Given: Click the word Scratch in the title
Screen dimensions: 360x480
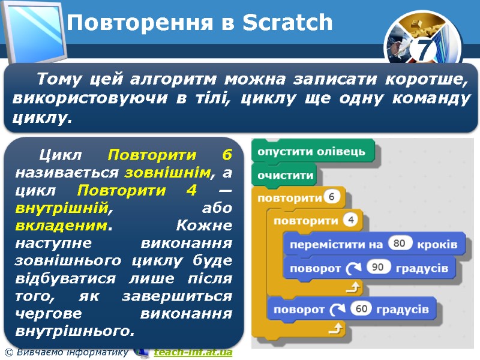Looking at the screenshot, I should pyautogui.click(x=287, y=23).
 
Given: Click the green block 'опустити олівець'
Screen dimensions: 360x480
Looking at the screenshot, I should pyautogui.click(x=311, y=151).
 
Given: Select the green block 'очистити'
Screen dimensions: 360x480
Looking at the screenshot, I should pyautogui.click(x=286, y=175).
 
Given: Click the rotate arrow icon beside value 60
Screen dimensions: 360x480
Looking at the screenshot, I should pyautogui.click(x=334, y=310).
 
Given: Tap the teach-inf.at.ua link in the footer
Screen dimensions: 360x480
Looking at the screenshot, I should pyautogui.click(x=192, y=352).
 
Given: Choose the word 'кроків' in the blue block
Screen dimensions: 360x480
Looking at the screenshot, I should pyautogui.click(x=437, y=244).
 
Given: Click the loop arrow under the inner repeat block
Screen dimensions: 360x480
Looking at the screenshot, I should pyautogui.click(x=354, y=289).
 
